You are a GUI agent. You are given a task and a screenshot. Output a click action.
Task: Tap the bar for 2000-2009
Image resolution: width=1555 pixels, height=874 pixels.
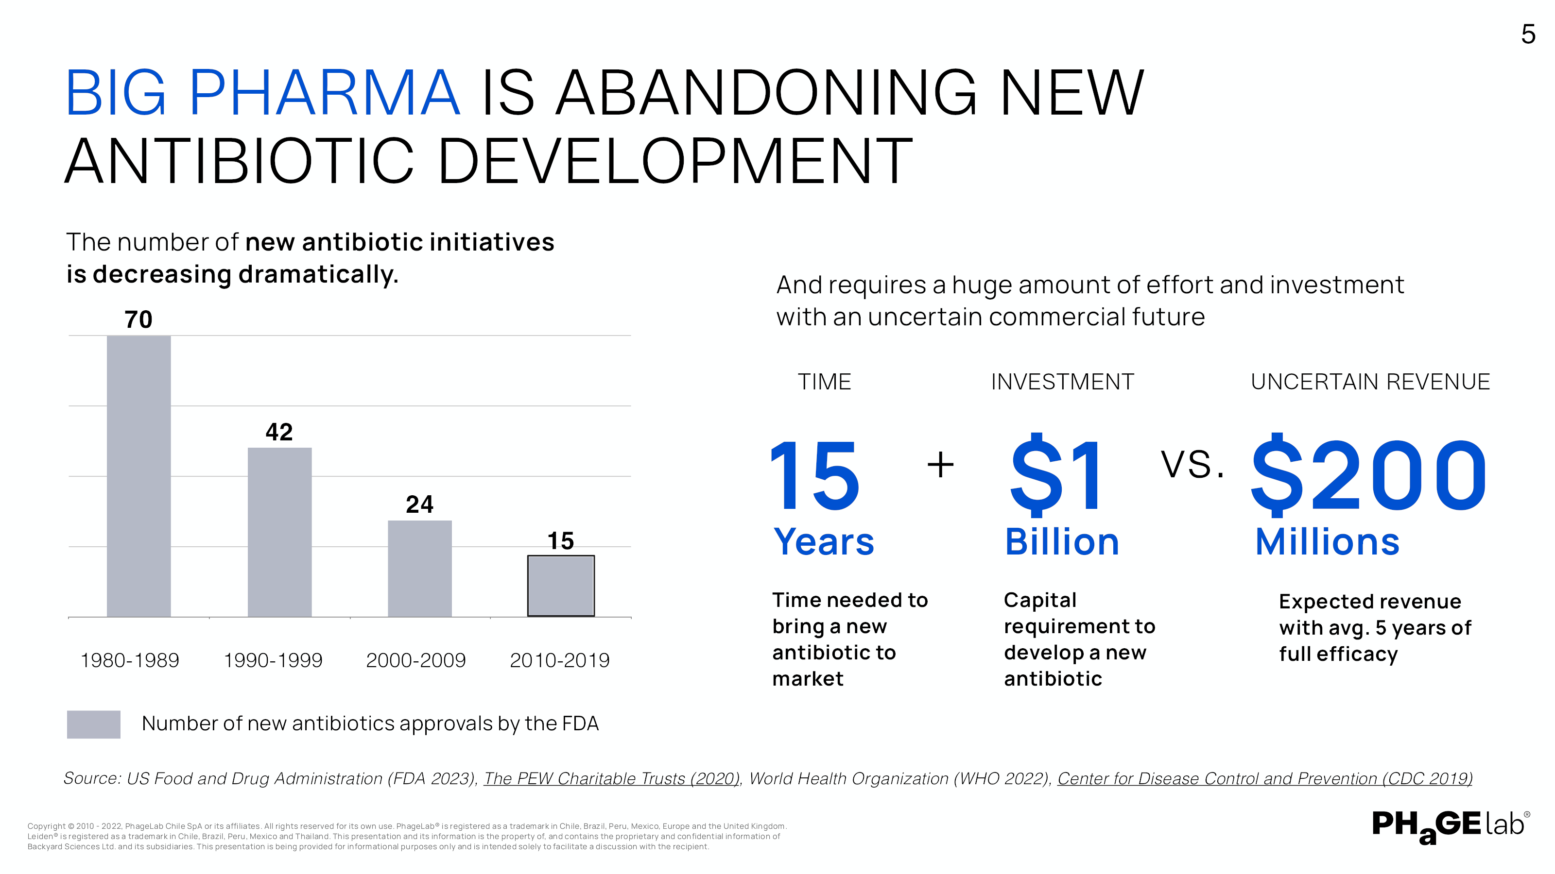tap(419, 568)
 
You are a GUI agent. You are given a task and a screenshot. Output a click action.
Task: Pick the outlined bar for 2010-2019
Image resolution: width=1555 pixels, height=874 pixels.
tap(561, 586)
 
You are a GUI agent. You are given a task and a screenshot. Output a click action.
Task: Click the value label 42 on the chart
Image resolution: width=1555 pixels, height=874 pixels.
tap(279, 432)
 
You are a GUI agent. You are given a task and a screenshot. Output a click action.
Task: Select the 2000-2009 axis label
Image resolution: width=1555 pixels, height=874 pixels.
tap(416, 660)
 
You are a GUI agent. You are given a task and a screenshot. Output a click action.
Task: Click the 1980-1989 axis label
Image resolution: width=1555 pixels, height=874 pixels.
tap(130, 660)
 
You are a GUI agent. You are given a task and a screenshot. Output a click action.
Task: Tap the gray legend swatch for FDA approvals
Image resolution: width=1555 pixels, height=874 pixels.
tap(94, 724)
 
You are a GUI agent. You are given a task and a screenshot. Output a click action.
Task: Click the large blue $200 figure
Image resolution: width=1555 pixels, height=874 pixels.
tap(1368, 475)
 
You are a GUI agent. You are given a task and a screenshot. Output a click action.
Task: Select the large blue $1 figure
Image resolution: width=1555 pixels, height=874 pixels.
tap(1056, 475)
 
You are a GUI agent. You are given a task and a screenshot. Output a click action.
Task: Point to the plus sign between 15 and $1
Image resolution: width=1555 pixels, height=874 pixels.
tap(940, 465)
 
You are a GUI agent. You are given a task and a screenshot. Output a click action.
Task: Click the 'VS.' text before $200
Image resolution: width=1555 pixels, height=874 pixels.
tap(1192, 465)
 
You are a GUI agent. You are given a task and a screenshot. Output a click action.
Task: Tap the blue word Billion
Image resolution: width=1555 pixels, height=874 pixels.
tap(1062, 542)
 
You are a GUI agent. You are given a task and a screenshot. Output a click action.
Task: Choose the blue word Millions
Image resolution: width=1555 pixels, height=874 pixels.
tap(1328, 542)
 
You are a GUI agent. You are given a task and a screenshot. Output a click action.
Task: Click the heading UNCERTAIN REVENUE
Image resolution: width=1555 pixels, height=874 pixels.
tap(1370, 382)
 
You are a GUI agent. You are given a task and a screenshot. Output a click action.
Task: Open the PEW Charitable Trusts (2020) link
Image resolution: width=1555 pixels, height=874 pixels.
tap(611, 779)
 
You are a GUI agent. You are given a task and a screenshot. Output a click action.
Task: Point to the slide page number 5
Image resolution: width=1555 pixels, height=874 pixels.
tap(1528, 34)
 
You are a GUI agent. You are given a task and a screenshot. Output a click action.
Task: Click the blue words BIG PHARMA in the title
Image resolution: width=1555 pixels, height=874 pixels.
tap(262, 94)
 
